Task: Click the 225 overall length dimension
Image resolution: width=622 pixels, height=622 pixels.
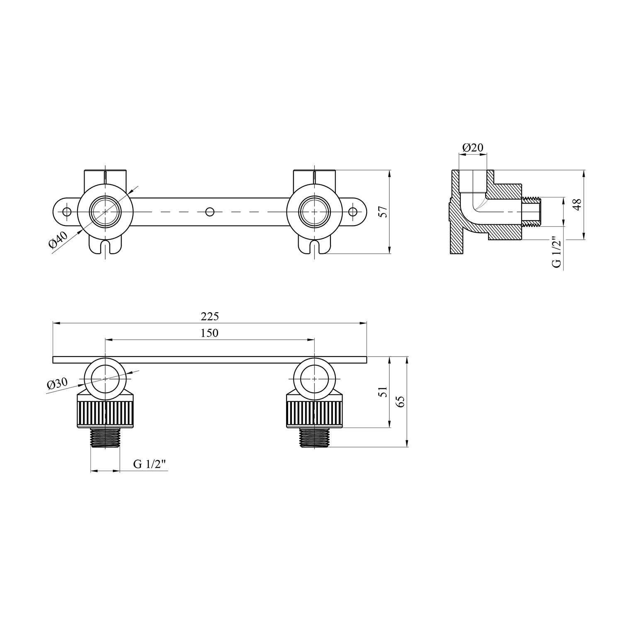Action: (x=210, y=317)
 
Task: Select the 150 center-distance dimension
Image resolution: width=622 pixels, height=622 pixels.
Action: (x=210, y=333)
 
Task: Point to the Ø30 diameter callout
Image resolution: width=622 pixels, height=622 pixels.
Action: (x=57, y=384)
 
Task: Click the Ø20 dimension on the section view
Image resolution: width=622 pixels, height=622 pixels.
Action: (x=473, y=148)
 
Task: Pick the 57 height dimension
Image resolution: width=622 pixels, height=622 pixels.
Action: (x=384, y=211)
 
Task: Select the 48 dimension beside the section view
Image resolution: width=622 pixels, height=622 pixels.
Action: (x=577, y=205)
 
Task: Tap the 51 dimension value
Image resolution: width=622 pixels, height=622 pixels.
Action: (x=384, y=392)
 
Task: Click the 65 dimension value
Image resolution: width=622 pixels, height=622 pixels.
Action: (x=401, y=401)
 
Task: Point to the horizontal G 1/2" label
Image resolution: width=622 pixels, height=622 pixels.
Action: (x=150, y=464)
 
